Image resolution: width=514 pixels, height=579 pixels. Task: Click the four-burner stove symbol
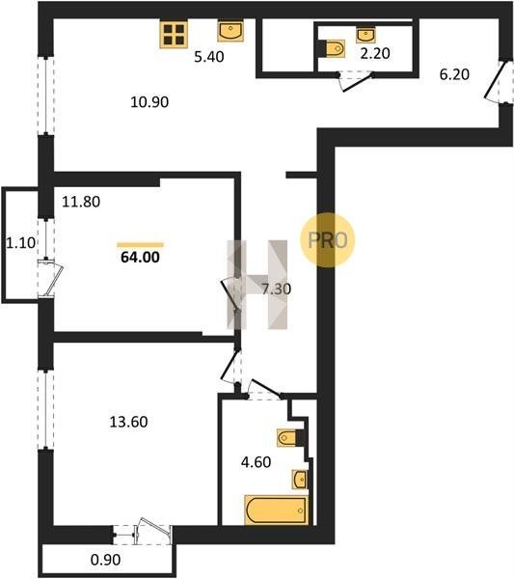pos(174,35)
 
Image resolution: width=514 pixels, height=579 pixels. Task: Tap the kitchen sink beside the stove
pos(230,30)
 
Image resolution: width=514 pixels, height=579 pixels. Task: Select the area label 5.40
pos(209,57)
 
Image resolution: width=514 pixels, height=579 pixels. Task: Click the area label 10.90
pos(149,102)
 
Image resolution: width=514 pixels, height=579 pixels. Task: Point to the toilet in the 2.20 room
pos(336,48)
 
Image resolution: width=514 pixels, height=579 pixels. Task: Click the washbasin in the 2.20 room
pos(365,35)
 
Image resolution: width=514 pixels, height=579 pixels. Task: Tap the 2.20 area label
pos(375,53)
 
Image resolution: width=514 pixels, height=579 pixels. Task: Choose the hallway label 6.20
pos(454,74)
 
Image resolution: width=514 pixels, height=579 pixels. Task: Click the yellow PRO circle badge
pos(327,240)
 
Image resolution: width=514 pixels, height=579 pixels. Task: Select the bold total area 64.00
pos(140,257)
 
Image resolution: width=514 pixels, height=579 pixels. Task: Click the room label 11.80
pos(81,202)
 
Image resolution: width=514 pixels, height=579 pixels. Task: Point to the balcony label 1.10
pos(21,243)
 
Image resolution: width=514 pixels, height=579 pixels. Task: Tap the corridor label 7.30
pos(277,289)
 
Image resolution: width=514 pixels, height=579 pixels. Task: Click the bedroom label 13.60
pos(129,422)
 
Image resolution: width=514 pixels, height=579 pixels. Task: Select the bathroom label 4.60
pos(257,462)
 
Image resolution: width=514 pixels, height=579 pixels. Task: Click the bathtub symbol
pos(276,510)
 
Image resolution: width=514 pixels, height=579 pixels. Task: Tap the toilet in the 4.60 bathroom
pos(287,438)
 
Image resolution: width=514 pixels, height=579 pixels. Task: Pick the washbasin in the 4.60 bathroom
pos(300,480)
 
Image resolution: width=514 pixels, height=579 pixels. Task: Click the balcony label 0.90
pos(105,560)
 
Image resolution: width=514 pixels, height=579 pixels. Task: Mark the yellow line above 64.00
pos(140,244)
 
